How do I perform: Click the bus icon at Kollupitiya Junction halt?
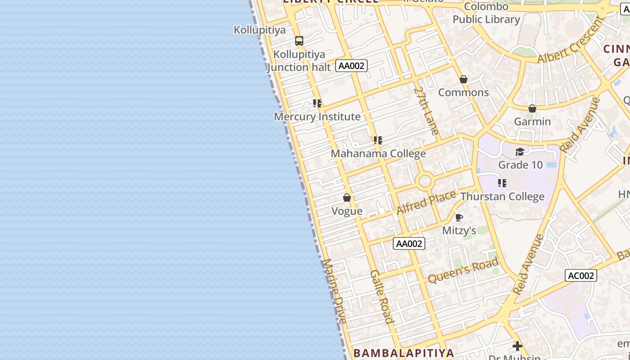(x=299, y=41)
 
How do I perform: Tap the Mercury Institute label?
(x=317, y=117)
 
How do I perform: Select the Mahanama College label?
(x=378, y=153)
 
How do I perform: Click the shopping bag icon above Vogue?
(x=347, y=198)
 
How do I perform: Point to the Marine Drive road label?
(x=335, y=291)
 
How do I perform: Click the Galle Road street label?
(x=382, y=297)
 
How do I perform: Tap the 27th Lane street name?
(x=426, y=111)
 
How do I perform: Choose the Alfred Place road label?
(x=426, y=202)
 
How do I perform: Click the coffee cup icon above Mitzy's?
(x=459, y=218)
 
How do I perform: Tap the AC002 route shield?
(x=581, y=275)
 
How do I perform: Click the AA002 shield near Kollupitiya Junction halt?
(x=351, y=66)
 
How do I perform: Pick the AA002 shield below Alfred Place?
(x=409, y=243)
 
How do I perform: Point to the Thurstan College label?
(x=502, y=197)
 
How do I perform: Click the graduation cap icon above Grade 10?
(x=520, y=152)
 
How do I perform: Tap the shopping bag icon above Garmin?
(x=532, y=108)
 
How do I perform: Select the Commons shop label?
(x=463, y=92)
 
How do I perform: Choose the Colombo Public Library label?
(x=486, y=13)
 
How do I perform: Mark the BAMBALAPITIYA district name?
(x=404, y=352)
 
